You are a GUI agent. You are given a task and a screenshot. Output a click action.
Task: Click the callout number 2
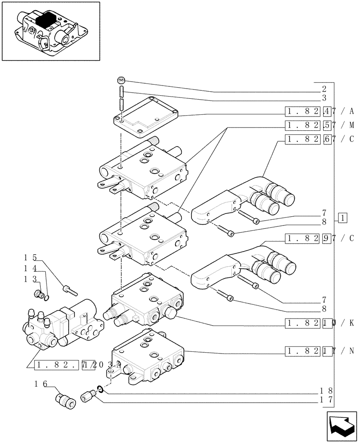tap(324, 89)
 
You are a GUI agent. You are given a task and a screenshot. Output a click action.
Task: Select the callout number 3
tap(324, 98)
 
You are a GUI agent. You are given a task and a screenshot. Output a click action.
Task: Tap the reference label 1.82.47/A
tap(319, 111)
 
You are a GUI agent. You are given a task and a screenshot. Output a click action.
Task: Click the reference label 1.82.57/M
tap(319, 125)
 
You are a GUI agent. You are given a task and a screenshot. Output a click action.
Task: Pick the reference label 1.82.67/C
tap(319, 140)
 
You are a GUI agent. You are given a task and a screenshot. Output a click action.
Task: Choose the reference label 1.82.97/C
tap(319, 239)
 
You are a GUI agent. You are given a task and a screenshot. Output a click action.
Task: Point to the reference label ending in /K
tap(319, 323)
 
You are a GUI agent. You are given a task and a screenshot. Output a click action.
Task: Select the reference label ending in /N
tap(319, 351)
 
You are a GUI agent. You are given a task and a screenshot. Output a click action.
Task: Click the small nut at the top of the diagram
tap(121, 80)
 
